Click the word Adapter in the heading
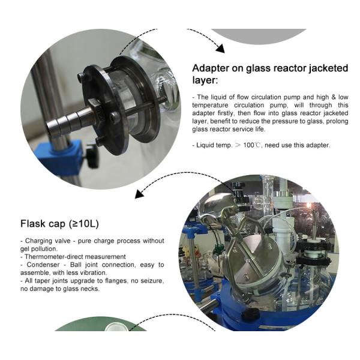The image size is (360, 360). pyautogui.click(x=211, y=68)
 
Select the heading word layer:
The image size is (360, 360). pyautogui.click(x=205, y=80)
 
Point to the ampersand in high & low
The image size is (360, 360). pyautogui.click(x=334, y=97)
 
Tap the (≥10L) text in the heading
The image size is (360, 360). pyautogui.click(x=84, y=224)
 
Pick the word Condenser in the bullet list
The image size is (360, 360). pyautogui.click(x=43, y=265)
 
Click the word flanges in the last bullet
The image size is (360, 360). pyautogui.click(x=116, y=281)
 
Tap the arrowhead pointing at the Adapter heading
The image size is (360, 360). pyautogui.click(x=220, y=49)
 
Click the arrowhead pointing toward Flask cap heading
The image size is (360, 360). pyautogui.click(x=139, y=194)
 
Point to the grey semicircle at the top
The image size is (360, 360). pyautogui.click(x=259, y=35)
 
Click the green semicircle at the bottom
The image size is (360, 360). pyautogui.click(x=100, y=325)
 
